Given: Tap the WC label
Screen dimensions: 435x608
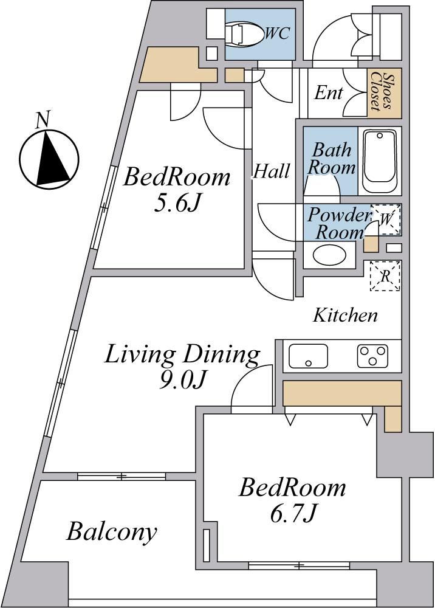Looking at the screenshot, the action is pyautogui.click(x=278, y=33).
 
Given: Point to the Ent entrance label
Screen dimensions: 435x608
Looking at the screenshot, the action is pyautogui.click(x=329, y=92).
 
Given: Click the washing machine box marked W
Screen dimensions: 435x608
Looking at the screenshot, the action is pyautogui.click(x=386, y=219).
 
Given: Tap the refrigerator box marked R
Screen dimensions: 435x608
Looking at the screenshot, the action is pyautogui.click(x=385, y=276).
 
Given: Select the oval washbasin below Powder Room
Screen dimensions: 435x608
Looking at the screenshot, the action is pyautogui.click(x=329, y=255).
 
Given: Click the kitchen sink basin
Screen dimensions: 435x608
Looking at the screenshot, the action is pyautogui.click(x=309, y=356).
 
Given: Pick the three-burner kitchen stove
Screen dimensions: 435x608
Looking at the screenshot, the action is pyautogui.click(x=372, y=356).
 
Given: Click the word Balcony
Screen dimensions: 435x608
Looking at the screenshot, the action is pyautogui.click(x=112, y=532).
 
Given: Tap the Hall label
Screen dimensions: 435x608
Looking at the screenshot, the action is pyautogui.click(x=272, y=171).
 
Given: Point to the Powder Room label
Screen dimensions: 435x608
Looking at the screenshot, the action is pyautogui.click(x=339, y=224).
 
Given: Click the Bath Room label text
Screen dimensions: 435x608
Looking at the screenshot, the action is pyautogui.click(x=332, y=159).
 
